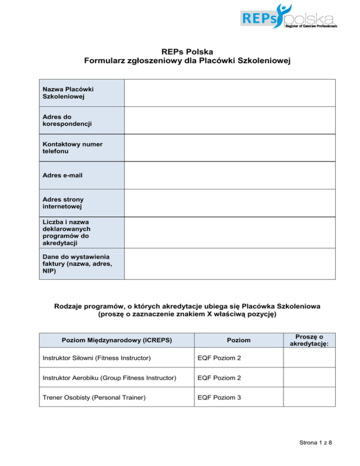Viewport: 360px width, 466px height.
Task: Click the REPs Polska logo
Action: (x=289, y=18)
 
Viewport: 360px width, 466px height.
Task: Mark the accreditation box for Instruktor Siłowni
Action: (x=305, y=358)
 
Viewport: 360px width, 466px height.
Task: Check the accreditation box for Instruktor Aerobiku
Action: (x=305, y=377)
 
